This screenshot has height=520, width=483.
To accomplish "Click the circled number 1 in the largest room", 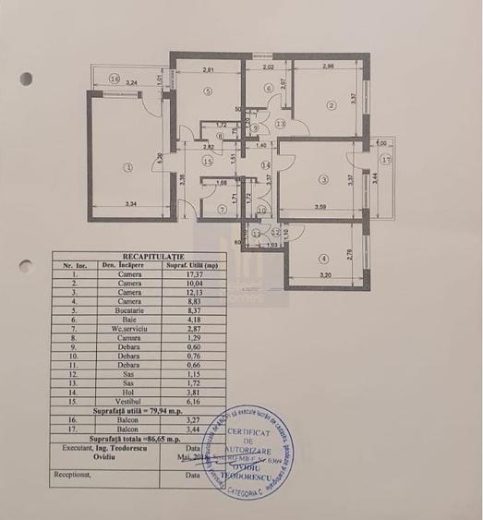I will coord(128,167).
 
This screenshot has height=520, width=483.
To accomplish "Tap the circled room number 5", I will coord(210,91).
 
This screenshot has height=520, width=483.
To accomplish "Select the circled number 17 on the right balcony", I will coord(386,160).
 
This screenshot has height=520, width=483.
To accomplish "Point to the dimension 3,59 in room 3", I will coord(320,206).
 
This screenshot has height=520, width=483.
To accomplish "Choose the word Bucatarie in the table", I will coord(127,313).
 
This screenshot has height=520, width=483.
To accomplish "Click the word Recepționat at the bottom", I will coord(72,477).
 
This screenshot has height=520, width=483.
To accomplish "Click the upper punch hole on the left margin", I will coord(27,79).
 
